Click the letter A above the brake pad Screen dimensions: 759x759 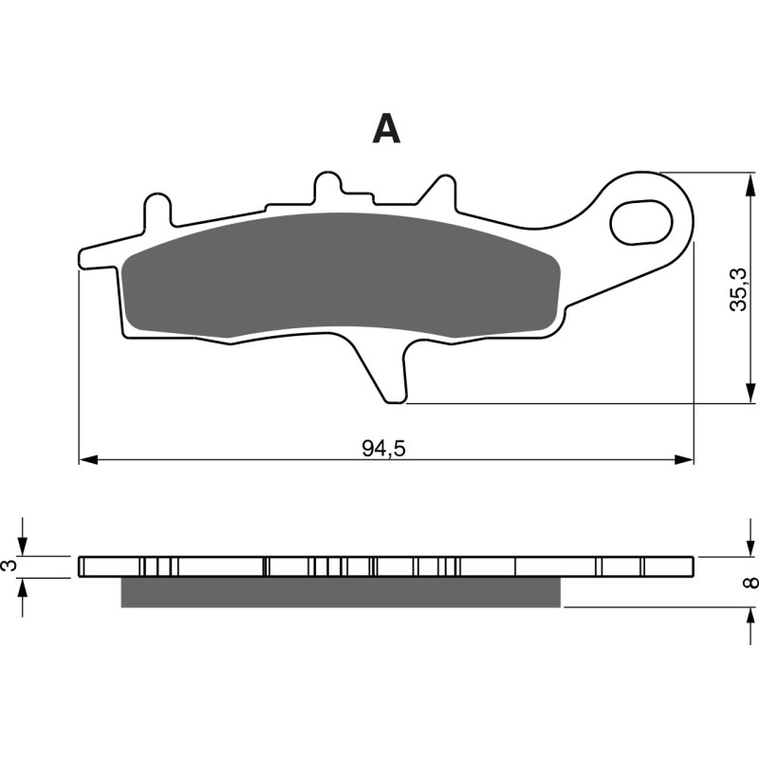(x=386, y=128)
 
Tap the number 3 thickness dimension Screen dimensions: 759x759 (x=10, y=565)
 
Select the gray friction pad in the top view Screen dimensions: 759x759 (x=342, y=275)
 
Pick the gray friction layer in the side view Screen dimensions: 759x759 (x=342, y=591)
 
